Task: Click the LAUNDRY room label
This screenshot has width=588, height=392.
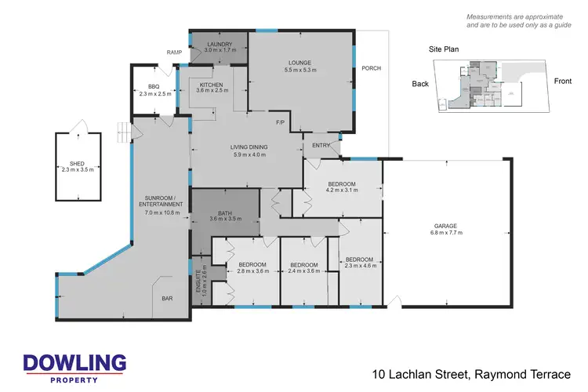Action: [x=218, y=45]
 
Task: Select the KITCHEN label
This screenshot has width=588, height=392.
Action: [x=212, y=85]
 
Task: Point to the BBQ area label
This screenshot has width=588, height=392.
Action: [x=154, y=88]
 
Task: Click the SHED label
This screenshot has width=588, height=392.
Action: [x=76, y=164]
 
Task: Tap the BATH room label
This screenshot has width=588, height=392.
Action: [x=225, y=212]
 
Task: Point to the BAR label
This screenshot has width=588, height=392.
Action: [x=167, y=299]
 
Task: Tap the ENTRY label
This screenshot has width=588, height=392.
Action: [x=321, y=146]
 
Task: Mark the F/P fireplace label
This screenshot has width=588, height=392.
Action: [x=280, y=123]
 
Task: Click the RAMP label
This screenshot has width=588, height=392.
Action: [x=174, y=53]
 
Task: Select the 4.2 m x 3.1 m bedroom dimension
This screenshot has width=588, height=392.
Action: [x=341, y=191]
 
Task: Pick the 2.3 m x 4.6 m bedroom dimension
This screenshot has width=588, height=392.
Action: [x=359, y=266]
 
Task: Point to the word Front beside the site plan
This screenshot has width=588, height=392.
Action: [x=563, y=82]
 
